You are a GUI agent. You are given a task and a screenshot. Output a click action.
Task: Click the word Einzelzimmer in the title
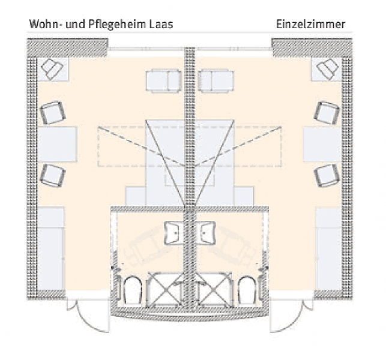point(310,25)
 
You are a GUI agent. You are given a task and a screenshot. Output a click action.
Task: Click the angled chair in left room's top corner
point(53,68)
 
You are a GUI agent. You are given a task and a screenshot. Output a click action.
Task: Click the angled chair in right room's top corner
point(327,68)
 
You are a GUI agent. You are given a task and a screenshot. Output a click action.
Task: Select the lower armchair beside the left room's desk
point(52,175)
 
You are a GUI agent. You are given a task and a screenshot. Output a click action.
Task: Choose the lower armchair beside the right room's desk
point(327,175)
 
